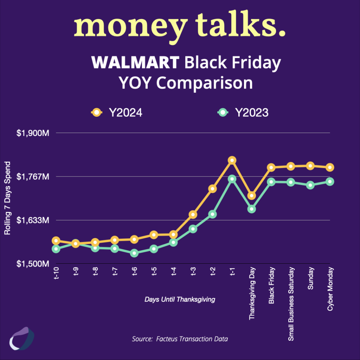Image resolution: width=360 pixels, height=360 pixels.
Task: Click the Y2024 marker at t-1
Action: [232, 160]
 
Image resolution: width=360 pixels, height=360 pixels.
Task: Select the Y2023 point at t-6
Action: [134, 253]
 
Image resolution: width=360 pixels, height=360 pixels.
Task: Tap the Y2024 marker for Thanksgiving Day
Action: [251, 195]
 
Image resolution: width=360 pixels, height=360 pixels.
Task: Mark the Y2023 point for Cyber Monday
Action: [330, 181]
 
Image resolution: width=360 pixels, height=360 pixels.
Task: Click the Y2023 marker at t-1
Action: [232, 179]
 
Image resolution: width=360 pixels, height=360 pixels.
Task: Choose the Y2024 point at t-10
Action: [56, 241]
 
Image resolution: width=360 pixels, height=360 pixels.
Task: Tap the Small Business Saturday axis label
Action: [291, 304]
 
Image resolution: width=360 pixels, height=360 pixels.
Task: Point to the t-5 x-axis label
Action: [154, 272]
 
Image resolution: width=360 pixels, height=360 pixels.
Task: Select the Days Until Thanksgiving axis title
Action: [180, 300]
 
